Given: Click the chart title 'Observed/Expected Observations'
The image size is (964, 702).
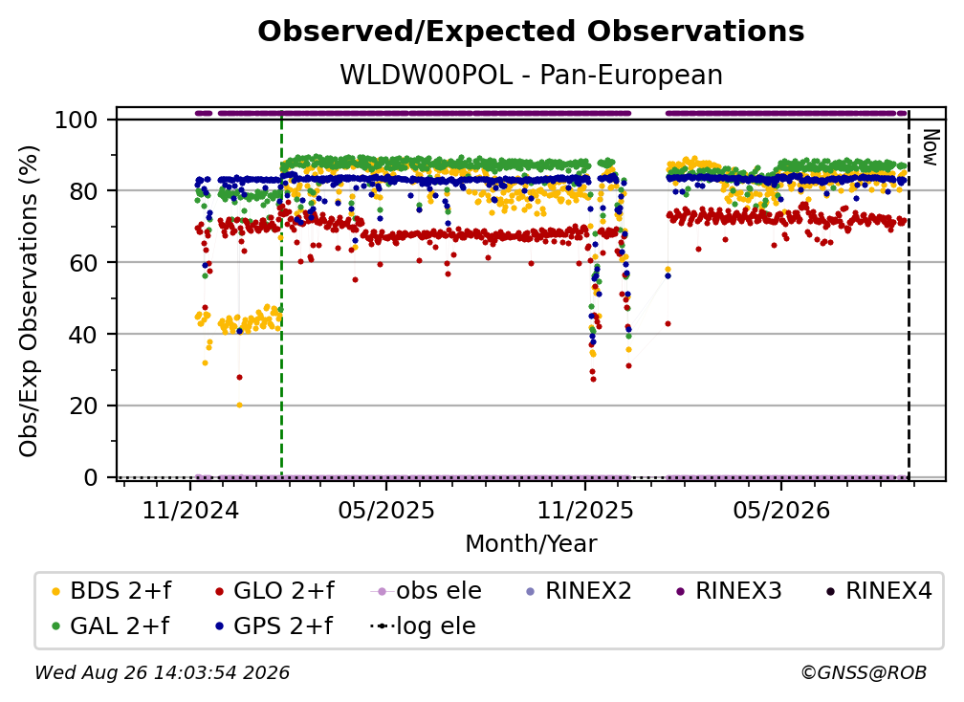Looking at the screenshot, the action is coord(531,32).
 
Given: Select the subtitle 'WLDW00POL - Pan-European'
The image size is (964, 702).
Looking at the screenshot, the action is coord(531,75).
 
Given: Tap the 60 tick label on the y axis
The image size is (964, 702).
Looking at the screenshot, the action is coord(83,262).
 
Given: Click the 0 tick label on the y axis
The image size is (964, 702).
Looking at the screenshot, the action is coord(91,477).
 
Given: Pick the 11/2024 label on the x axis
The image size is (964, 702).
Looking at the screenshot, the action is coord(190,510).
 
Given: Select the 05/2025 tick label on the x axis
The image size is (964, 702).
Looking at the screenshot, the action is coord(386,510).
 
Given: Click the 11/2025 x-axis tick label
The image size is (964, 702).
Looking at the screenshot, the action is coord(585,510).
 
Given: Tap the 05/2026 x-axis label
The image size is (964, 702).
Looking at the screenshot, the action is coord(781,510).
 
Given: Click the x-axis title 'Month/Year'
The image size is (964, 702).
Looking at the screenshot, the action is coord(531,543).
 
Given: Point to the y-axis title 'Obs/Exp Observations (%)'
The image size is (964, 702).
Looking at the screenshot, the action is coord(29,301).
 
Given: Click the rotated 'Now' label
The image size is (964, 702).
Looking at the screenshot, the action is coord(931,147).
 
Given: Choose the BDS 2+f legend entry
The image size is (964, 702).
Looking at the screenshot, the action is coord(112,591).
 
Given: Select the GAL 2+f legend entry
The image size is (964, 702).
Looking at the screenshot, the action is coord(111,625).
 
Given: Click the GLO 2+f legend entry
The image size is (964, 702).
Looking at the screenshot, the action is coord(274,591).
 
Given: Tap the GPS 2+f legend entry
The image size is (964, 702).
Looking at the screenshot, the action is coord(274,625).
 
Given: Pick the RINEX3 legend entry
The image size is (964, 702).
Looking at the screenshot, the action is coord(729,591).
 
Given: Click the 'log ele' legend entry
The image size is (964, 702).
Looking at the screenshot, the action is coord(423,625).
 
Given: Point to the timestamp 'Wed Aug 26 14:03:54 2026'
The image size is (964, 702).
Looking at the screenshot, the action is coord(162,672).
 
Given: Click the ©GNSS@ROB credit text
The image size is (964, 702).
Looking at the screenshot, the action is coord(864,672).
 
